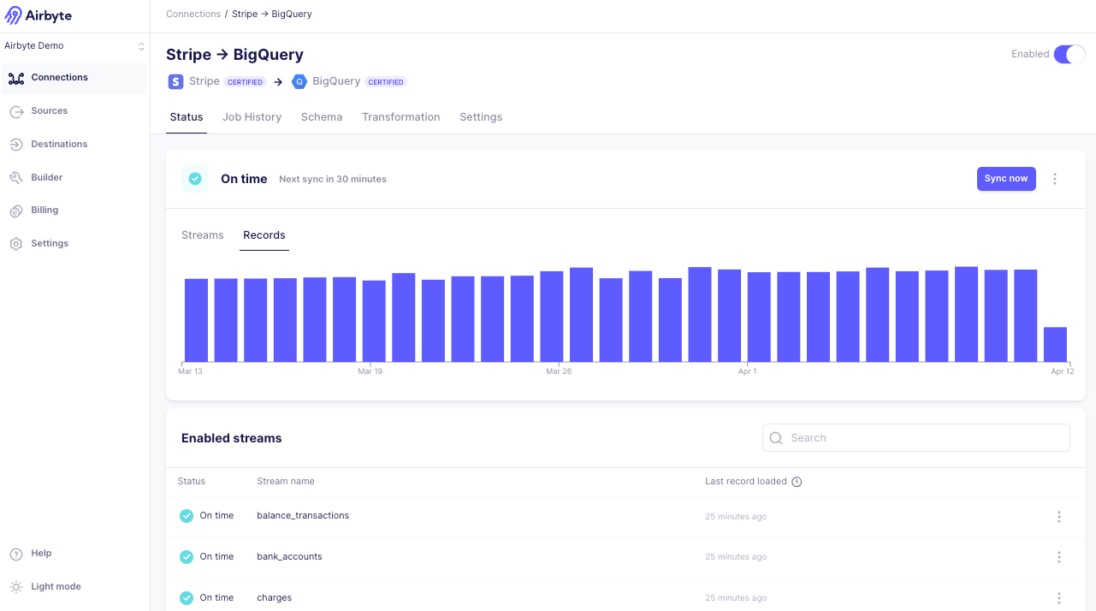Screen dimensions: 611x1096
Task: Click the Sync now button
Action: pos(1006,179)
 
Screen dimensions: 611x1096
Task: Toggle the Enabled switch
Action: pos(1069,55)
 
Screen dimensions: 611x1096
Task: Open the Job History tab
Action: pos(252,117)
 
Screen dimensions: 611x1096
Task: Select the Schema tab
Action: pos(322,117)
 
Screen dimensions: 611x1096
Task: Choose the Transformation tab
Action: pos(400,117)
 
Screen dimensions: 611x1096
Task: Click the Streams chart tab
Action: pos(202,235)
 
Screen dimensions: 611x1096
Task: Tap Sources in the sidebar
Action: pos(49,111)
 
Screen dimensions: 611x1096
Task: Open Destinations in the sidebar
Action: pos(59,145)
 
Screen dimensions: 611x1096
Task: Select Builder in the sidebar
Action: pos(46,177)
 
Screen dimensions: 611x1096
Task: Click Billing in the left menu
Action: pos(44,211)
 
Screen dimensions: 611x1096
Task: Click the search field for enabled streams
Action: pos(915,438)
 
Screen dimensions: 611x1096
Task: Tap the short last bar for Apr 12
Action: pos(1055,344)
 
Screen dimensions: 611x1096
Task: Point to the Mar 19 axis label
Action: pos(370,371)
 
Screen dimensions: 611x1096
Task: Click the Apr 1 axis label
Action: pos(747,371)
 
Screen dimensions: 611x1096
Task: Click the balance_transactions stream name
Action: pos(303,516)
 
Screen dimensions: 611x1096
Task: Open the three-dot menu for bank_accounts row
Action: pos(1058,557)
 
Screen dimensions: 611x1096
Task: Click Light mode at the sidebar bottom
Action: pos(56,587)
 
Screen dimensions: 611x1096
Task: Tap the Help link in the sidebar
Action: pos(41,554)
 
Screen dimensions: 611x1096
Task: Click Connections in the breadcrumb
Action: pos(193,15)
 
